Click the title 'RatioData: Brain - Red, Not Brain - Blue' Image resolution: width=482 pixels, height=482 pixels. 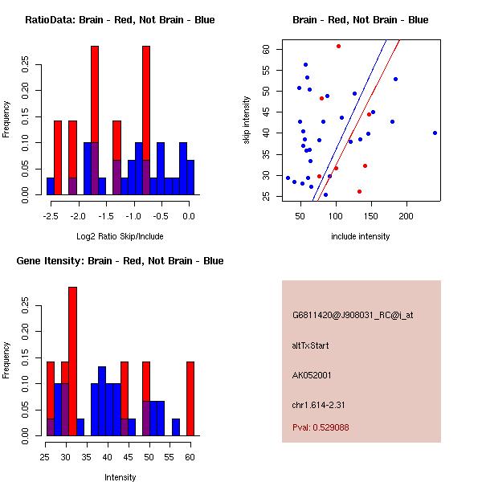[120, 20]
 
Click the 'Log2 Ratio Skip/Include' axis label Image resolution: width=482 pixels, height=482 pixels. [120, 236]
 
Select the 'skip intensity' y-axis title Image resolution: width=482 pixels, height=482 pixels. [247, 120]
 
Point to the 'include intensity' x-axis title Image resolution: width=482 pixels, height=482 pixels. [361, 236]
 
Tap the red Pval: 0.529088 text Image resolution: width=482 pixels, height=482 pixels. [321, 427]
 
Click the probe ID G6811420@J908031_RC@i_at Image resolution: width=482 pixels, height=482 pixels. [353, 316]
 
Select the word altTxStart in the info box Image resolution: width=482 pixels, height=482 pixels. [311, 345]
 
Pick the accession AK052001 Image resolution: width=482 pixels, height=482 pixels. [312, 374]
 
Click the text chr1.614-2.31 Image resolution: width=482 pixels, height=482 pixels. [319, 404]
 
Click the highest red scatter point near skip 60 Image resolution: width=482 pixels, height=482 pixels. [339, 46]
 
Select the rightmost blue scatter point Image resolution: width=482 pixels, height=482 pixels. [435, 133]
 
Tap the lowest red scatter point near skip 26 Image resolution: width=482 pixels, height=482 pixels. [359, 191]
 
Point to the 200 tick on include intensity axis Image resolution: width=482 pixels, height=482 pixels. [406, 215]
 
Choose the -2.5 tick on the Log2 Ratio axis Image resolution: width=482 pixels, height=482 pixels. [51, 215]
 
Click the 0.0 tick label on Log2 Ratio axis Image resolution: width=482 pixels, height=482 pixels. [189, 215]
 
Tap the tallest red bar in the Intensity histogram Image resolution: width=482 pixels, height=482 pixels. [72, 361]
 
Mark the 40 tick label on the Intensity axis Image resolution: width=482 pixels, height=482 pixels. [108, 456]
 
